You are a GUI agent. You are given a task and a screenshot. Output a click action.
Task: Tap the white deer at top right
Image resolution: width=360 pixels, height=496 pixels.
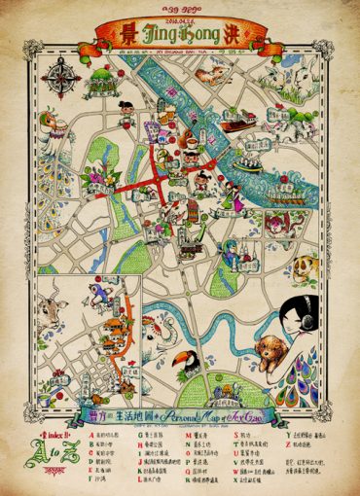(327, 74)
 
